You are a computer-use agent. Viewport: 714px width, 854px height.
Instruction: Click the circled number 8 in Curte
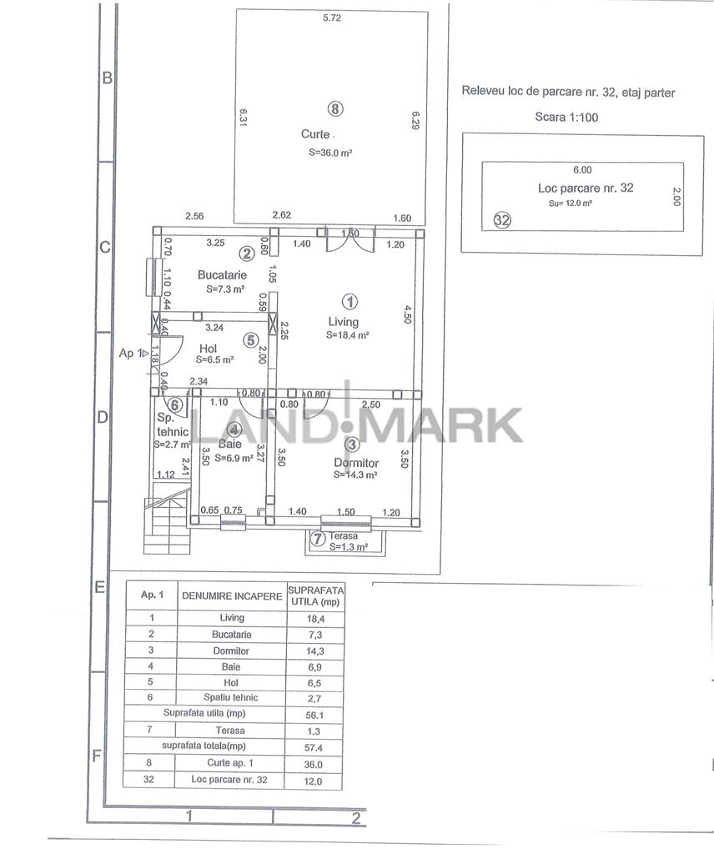coord(335,109)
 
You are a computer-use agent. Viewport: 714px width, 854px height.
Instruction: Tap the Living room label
coord(343,322)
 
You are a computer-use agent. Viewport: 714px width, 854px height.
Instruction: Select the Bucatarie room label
coord(222,275)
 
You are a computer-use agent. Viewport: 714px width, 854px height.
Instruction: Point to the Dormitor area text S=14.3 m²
coord(355,475)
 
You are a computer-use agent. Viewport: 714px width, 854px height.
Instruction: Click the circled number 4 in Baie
coord(234,430)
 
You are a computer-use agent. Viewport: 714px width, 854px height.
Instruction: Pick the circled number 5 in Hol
coord(250,340)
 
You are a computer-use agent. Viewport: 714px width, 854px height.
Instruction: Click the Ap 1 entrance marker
coord(133,353)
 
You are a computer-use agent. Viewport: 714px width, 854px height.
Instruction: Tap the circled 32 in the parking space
coord(501,220)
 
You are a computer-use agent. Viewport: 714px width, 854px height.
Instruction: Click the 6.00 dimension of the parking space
coord(582,170)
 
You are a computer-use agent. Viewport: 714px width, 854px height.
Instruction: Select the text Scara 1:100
coord(566,117)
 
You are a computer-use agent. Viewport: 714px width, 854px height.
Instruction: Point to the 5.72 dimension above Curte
coord(332,18)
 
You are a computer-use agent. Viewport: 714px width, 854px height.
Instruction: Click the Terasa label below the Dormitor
coord(343,536)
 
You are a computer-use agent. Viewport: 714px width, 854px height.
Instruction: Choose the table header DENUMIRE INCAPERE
coord(232,596)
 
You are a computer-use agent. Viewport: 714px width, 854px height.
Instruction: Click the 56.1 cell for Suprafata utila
coord(314,715)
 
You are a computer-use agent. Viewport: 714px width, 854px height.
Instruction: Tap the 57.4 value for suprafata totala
coord(314,748)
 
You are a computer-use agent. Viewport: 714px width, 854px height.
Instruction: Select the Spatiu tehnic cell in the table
coord(231,698)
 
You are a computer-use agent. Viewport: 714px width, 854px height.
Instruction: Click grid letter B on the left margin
coord(108,78)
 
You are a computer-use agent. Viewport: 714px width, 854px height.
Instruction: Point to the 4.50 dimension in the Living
coord(408,314)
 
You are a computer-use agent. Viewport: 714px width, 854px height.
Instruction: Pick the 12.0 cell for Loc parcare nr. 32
coord(313,781)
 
